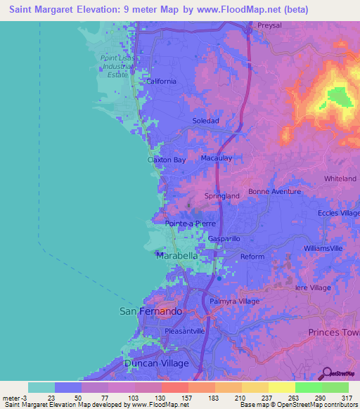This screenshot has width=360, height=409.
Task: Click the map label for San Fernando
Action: (150, 311)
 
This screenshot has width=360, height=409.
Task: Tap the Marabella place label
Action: (176, 256)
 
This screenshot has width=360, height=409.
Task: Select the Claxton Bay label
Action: (167, 160)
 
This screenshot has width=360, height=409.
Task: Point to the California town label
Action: (161, 81)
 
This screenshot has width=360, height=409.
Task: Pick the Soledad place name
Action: (206, 121)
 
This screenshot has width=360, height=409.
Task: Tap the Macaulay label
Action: (217, 158)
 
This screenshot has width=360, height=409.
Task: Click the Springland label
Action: (221, 195)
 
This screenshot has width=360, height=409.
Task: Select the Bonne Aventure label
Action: (274, 192)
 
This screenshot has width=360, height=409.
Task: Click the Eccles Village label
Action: (338, 212)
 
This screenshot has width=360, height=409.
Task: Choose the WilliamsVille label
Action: (323, 248)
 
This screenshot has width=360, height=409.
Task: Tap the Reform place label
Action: (252, 257)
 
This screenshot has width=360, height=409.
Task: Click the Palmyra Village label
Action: (234, 301)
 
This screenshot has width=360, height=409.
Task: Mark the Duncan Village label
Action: (156, 363)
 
